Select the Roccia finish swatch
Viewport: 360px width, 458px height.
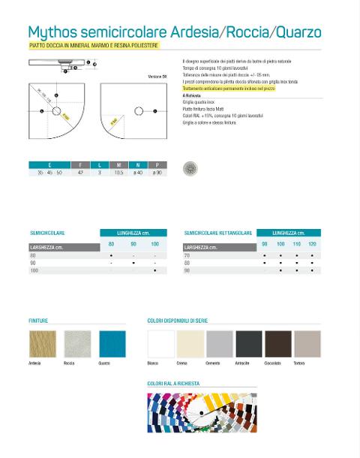(x=77, y=343)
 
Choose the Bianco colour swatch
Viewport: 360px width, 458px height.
(x=160, y=345)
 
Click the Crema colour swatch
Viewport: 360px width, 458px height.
(x=190, y=345)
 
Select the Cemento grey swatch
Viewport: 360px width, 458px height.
(x=219, y=345)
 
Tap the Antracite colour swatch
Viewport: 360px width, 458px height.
(x=248, y=345)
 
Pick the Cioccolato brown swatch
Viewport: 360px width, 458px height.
(x=278, y=345)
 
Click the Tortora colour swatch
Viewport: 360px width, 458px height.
(x=307, y=345)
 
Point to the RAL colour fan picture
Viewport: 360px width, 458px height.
(x=201, y=412)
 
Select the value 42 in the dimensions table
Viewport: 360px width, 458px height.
(x=80, y=173)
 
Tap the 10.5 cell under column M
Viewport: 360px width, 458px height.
(x=118, y=173)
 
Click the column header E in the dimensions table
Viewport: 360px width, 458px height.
(x=49, y=164)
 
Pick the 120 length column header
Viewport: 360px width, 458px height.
(x=311, y=244)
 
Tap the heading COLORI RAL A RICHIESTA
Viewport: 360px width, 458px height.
(x=174, y=383)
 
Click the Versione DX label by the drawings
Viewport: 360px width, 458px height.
(x=156, y=77)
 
